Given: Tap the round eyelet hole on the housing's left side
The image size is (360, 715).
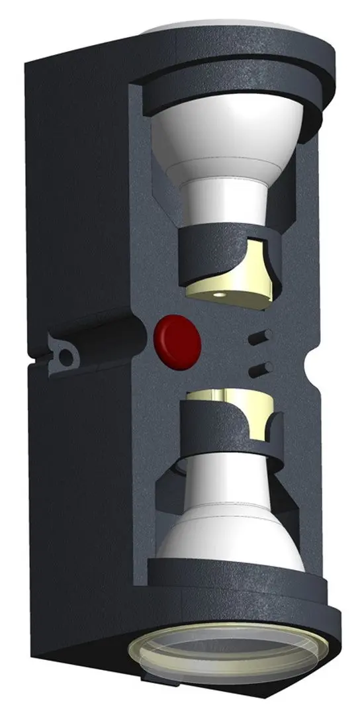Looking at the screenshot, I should [65, 355].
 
